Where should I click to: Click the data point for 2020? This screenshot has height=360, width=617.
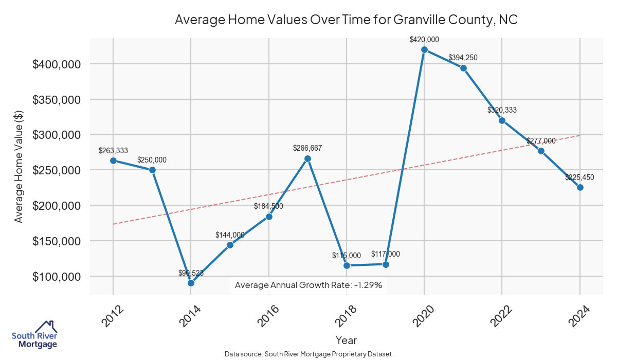(x=424, y=49)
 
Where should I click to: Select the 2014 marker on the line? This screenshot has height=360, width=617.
(x=191, y=283)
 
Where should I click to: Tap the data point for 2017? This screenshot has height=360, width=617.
(x=307, y=158)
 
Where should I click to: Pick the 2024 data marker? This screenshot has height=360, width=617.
(x=580, y=187)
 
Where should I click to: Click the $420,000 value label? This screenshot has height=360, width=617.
(x=424, y=39)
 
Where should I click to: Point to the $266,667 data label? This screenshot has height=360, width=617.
(x=307, y=148)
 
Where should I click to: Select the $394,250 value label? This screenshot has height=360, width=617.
(x=463, y=58)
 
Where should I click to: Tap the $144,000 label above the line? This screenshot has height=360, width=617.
(x=230, y=235)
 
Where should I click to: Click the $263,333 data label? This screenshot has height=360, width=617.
(x=113, y=150)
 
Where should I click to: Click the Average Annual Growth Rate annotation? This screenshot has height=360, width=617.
(x=308, y=285)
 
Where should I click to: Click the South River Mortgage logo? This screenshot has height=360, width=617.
(x=34, y=334)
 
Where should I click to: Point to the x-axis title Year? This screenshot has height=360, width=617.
(x=346, y=340)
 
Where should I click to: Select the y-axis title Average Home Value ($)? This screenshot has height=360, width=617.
(x=19, y=167)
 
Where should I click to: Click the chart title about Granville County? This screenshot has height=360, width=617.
(x=346, y=20)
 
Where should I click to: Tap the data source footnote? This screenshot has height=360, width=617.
(x=308, y=354)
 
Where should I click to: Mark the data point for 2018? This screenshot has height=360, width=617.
(x=347, y=265)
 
